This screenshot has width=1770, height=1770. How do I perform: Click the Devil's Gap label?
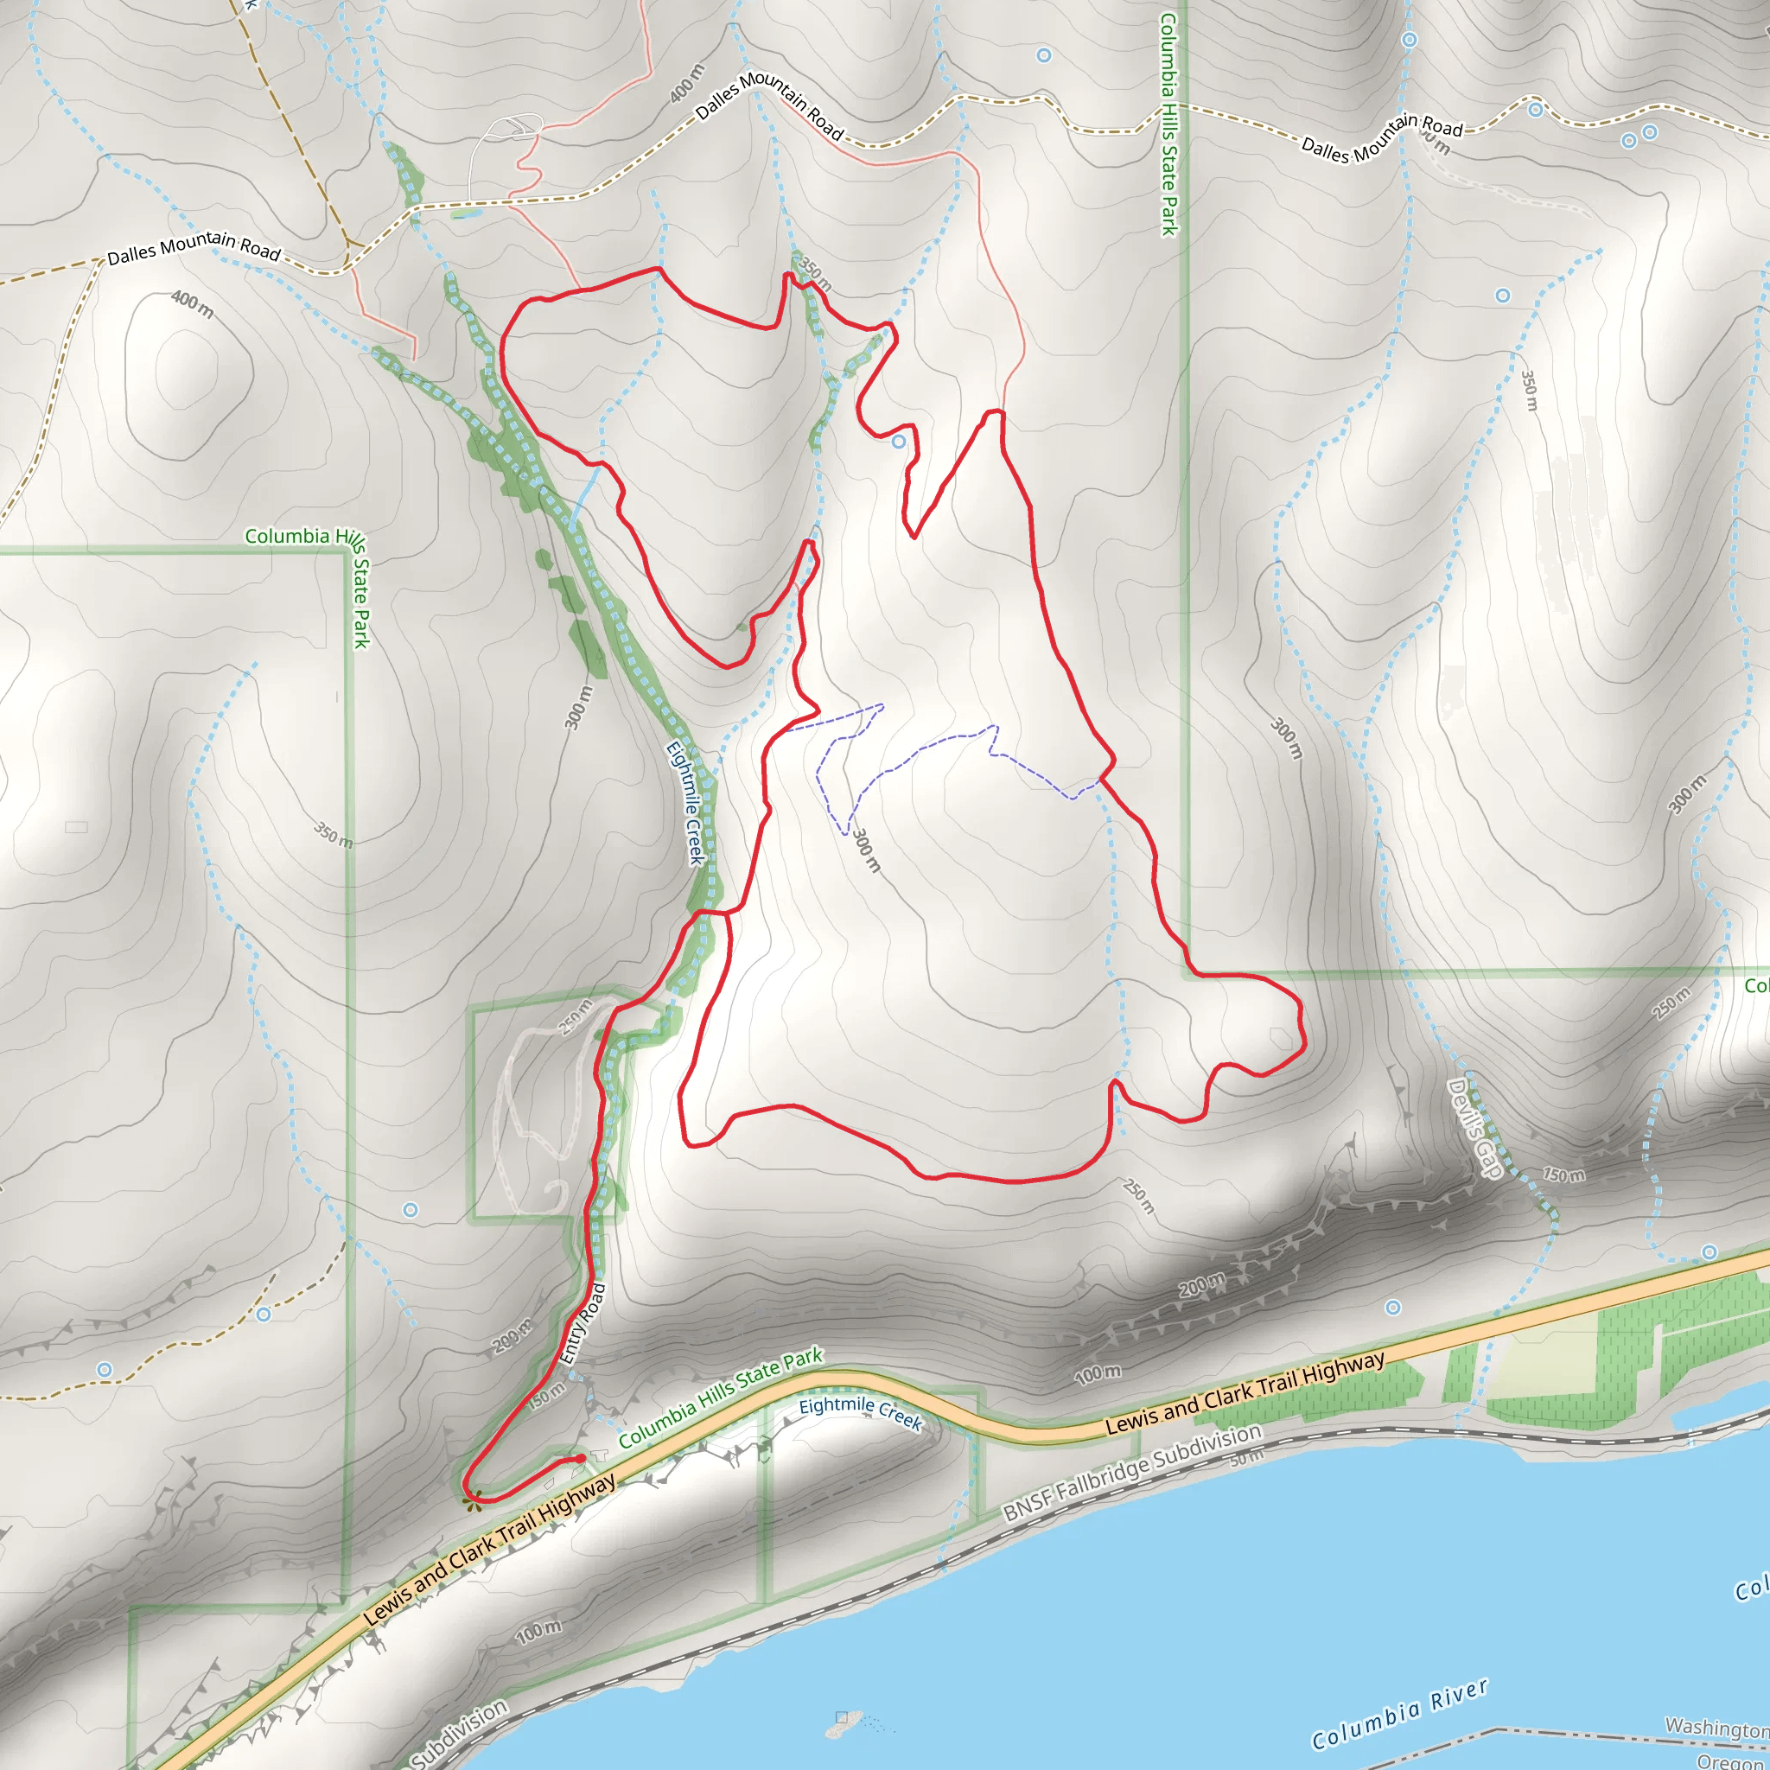[x=1474, y=1128]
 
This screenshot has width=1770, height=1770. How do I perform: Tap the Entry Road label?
[x=583, y=1324]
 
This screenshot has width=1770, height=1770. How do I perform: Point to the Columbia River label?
[x=1399, y=1713]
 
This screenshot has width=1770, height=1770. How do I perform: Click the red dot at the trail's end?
[x=581, y=1459]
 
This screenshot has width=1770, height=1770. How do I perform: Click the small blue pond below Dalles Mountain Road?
[x=466, y=213]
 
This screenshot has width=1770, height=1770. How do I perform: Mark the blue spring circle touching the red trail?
[x=899, y=442]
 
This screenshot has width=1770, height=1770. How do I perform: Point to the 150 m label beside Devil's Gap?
[x=1563, y=1174]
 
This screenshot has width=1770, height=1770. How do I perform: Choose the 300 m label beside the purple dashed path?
[x=866, y=850]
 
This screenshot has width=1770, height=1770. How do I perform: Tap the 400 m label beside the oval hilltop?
[x=193, y=305]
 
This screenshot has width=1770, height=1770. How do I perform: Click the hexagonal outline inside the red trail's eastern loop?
[x=1281, y=1038]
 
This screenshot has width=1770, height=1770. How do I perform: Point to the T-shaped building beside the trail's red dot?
[x=599, y=1455]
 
